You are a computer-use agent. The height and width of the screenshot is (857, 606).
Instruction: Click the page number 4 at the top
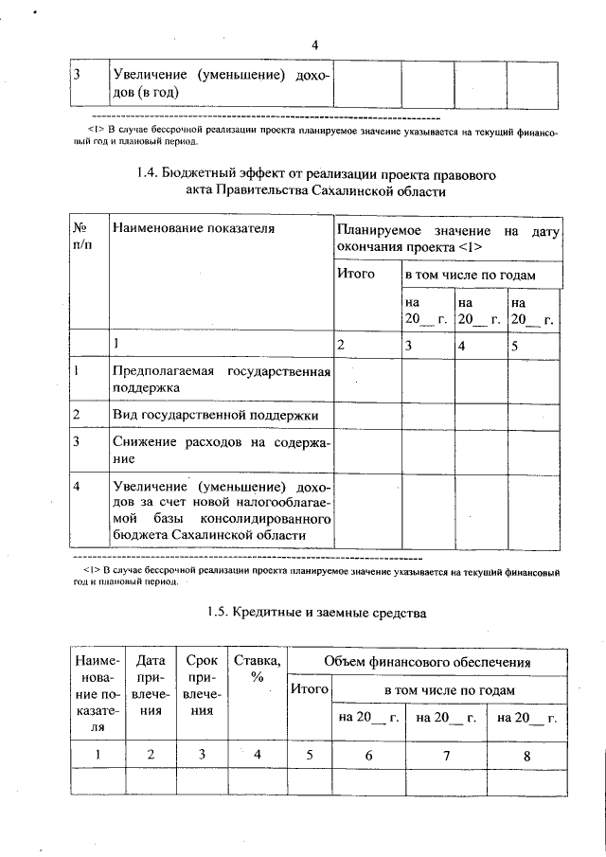tap(315, 45)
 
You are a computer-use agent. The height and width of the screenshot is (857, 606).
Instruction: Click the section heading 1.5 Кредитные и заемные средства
tap(316, 613)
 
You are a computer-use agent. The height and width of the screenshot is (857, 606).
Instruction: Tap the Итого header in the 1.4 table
tap(356, 274)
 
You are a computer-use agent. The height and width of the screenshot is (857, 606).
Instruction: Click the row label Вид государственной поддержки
tap(215, 415)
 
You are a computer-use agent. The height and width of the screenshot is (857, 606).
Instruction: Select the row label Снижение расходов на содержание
tap(221, 449)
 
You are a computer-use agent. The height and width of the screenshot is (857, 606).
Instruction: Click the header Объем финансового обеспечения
tap(426, 661)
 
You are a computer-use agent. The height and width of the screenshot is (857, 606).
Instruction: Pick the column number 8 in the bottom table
tap(526, 755)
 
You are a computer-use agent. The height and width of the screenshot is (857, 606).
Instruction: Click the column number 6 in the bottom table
tap(368, 755)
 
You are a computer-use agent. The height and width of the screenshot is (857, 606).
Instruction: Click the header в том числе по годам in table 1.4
tap(471, 275)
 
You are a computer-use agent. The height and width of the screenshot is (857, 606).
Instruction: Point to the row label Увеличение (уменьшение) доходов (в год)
tap(221, 83)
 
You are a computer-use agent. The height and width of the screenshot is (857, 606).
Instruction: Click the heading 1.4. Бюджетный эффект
tap(315, 182)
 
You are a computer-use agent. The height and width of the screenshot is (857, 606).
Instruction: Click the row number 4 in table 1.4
tap(76, 485)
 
